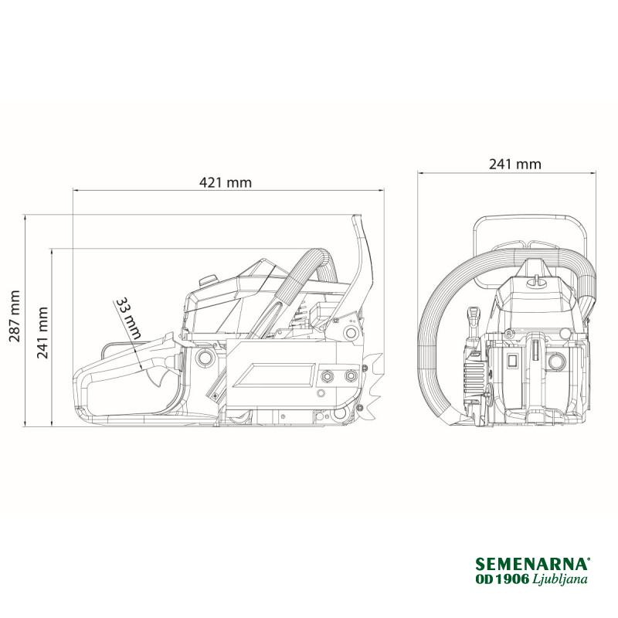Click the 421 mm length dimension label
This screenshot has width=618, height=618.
pos(226,182)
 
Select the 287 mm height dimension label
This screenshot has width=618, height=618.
pos(15,316)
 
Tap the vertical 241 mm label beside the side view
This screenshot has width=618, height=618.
pos(42,333)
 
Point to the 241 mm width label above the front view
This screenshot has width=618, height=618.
pos(515,164)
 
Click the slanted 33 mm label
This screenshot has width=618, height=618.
pos(128,318)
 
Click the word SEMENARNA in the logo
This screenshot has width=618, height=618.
pos(532,564)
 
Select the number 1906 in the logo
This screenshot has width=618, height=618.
pos(511,579)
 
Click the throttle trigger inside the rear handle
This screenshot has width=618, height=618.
pos(158,378)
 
